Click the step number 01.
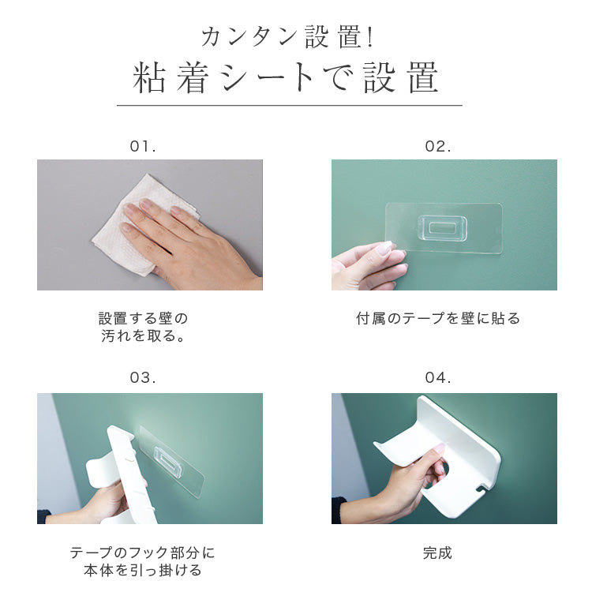(x=143, y=146)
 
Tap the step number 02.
(x=437, y=146)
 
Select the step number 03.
(x=143, y=377)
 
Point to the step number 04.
(x=437, y=377)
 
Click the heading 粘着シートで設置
(x=286, y=77)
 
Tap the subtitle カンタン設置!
(x=287, y=37)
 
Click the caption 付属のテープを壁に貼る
(x=438, y=318)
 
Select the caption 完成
(x=437, y=553)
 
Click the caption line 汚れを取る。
(x=143, y=335)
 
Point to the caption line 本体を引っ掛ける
(x=143, y=570)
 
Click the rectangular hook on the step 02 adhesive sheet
(x=442, y=228)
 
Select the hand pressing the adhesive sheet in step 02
(x=368, y=266)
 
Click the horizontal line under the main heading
(x=289, y=105)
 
